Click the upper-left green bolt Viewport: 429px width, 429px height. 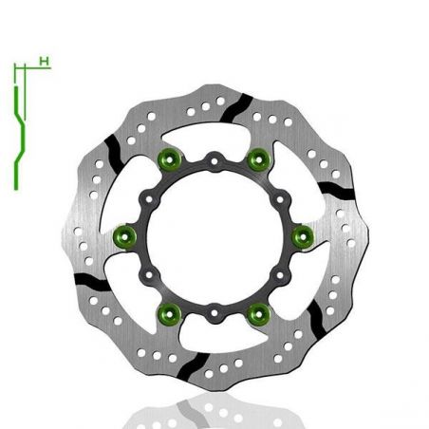pos(171,159)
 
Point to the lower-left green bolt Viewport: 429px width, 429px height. pos(171,309)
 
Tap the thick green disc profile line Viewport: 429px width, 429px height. pos(17,142)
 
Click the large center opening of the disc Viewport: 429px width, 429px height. pos(214,234)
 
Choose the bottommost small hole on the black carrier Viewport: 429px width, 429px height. pos(214,307)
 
